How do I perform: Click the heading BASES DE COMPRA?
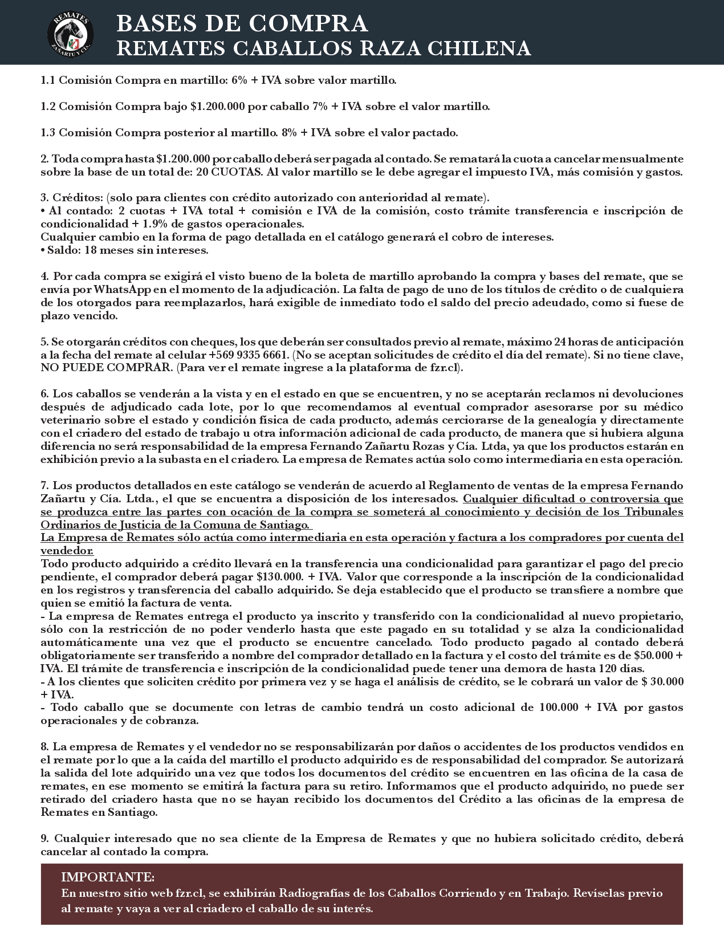pos(242,23)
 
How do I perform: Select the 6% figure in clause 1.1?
pos(239,80)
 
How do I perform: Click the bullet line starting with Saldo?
pos(124,250)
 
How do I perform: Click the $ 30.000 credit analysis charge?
pos(662,682)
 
